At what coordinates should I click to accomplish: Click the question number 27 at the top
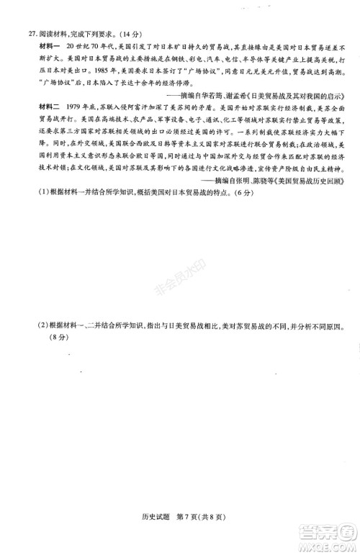tap(24, 32)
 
